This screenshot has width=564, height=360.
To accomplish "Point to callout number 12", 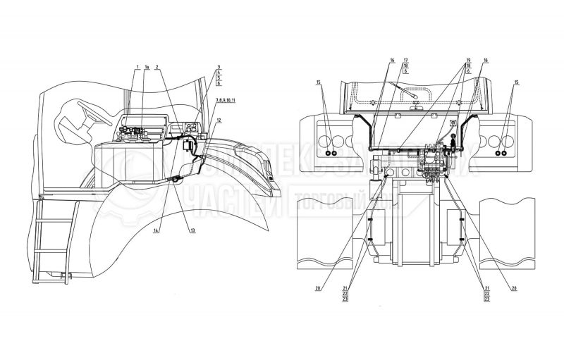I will (219, 120).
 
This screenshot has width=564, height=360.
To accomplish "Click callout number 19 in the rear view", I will (467, 61).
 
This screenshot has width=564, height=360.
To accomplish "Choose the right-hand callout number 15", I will (517, 82).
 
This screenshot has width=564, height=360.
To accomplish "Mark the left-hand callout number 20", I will (319, 287).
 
